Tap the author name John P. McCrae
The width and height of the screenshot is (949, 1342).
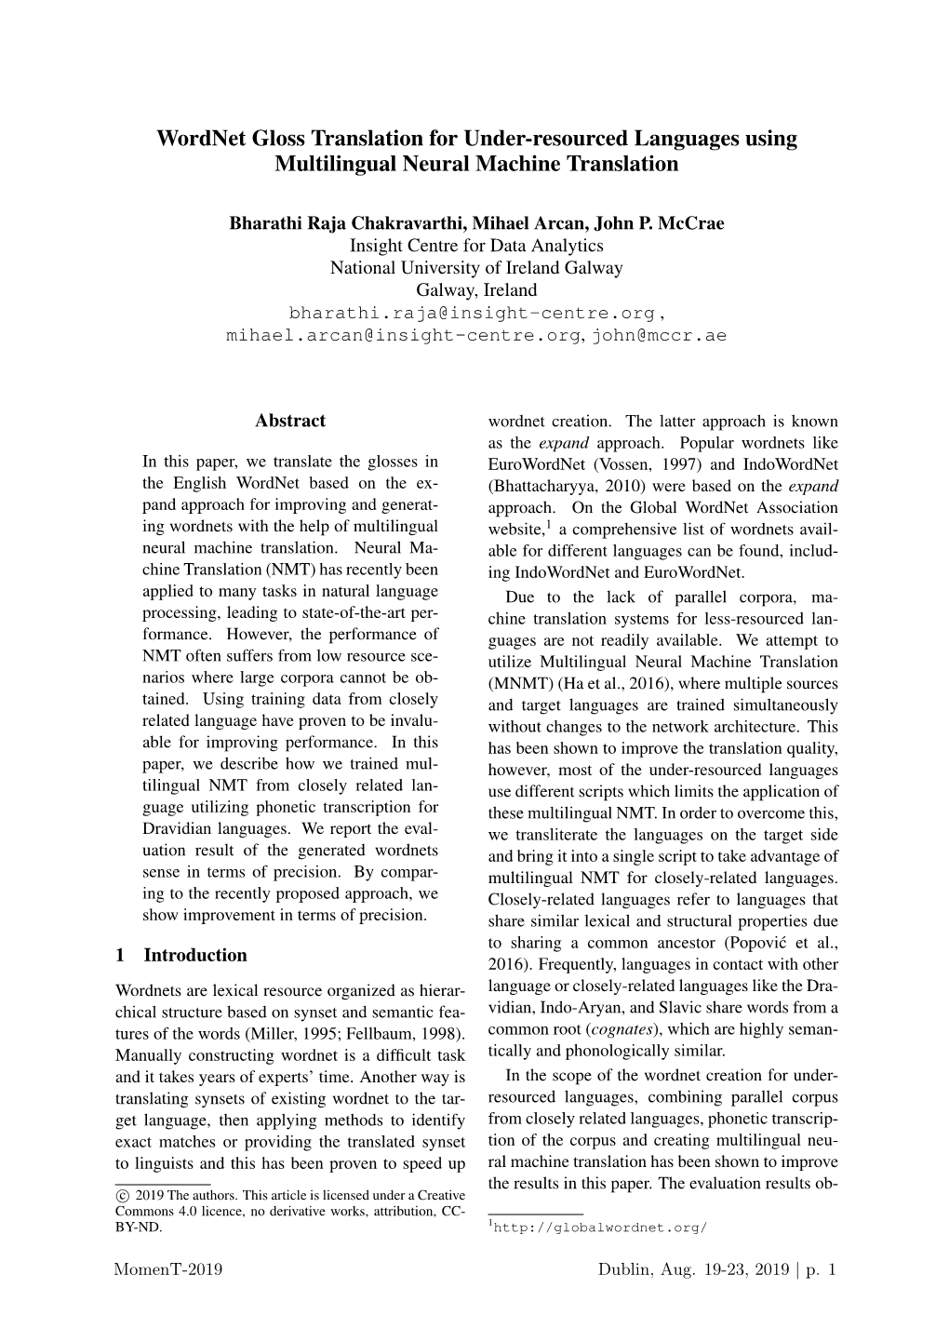click(x=660, y=223)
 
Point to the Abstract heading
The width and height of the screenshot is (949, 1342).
click(x=290, y=421)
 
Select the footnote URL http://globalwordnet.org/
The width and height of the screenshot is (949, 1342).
click(x=601, y=1227)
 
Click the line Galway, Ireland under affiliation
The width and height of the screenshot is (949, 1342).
click(x=476, y=290)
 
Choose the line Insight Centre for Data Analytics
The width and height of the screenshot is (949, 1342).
click(x=476, y=246)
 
